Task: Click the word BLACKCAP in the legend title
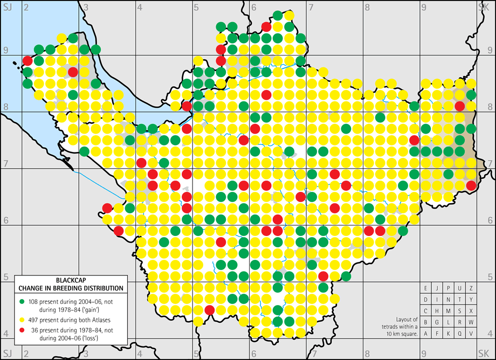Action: point(71,280)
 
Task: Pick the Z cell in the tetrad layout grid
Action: point(471,288)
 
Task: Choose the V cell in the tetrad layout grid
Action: point(471,334)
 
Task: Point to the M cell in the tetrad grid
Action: point(448,311)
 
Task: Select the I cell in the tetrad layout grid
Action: point(437,300)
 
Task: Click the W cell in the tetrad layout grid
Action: point(471,322)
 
